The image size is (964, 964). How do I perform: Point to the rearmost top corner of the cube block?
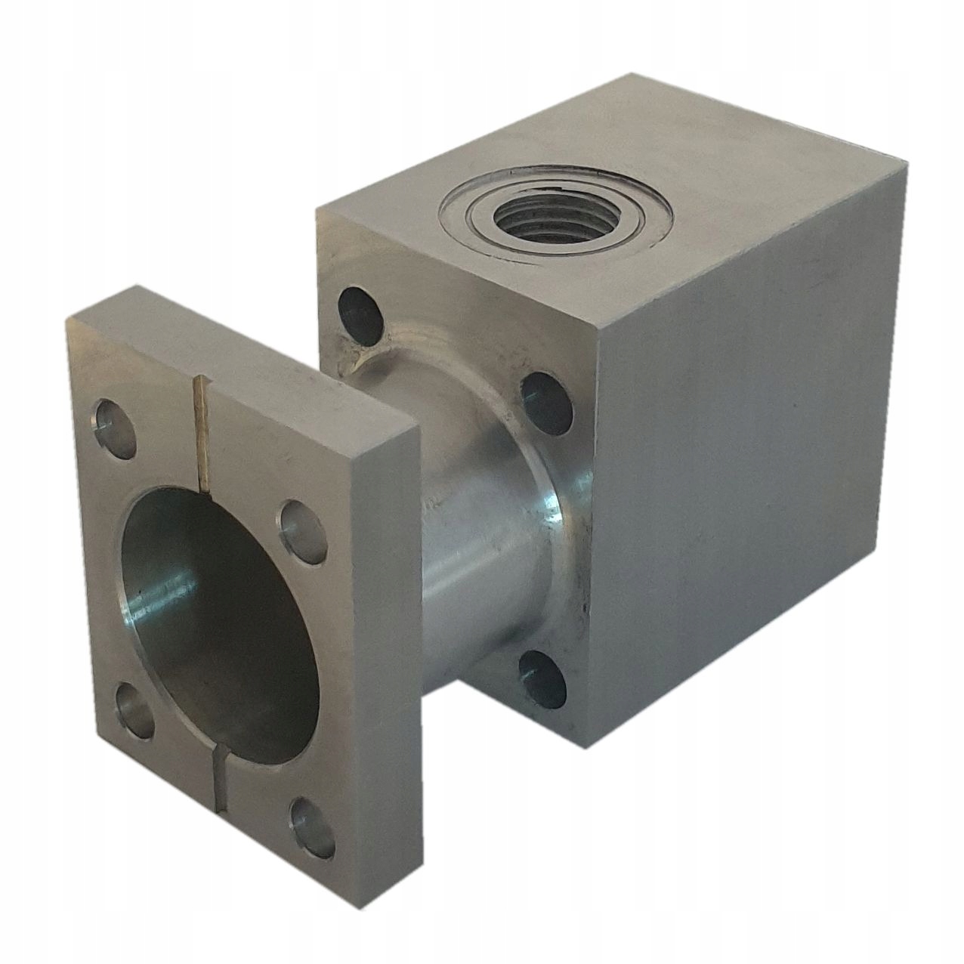(633, 74)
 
